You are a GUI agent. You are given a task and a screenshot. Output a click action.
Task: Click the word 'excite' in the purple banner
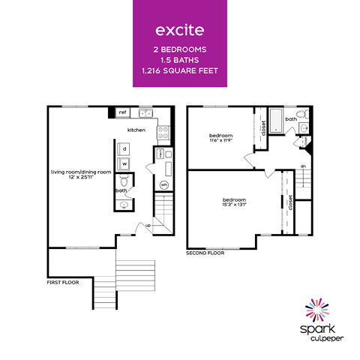pos(180,31)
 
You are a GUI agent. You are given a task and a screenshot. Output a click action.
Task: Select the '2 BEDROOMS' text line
pos(180,49)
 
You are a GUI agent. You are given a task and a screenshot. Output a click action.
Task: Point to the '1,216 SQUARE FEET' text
pos(180,71)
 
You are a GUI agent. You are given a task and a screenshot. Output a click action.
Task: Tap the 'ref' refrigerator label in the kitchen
pos(123,112)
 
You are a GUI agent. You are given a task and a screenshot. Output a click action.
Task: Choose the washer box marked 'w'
pos(124,163)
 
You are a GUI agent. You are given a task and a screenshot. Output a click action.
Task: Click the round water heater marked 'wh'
pos(164,184)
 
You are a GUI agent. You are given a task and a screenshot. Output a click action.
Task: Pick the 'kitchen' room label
pos(136,130)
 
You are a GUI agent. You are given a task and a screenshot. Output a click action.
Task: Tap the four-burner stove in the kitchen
pos(162,133)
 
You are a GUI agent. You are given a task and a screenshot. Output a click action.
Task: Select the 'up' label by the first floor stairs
pos(148,225)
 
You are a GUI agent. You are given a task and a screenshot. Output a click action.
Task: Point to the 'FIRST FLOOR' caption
pos(64,283)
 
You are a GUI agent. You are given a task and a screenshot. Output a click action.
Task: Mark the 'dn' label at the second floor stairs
pos(302,166)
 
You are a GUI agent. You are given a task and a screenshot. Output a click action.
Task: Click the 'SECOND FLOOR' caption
pos(205,253)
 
